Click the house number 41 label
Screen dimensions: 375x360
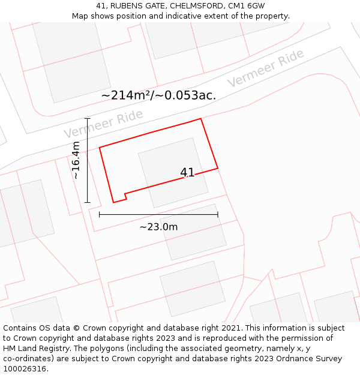click(x=187, y=173)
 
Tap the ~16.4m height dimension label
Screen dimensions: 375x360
click(x=76, y=160)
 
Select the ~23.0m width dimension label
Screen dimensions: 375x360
click(x=158, y=227)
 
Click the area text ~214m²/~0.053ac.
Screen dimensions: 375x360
click(x=158, y=95)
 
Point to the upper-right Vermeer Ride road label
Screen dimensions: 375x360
click(x=265, y=68)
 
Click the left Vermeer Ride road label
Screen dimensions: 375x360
click(x=103, y=124)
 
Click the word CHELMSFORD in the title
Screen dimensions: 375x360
click(x=194, y=6)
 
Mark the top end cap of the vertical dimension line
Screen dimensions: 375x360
click(x=88, y=119)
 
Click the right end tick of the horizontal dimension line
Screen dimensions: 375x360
click(x=218, y=214)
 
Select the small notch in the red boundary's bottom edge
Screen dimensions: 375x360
click(x=125, y=196)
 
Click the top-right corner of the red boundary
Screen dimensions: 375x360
click(x=200, y=119)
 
